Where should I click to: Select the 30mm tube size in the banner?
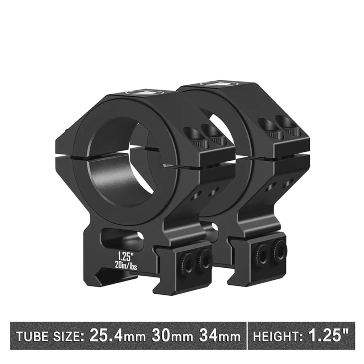pos(172,336)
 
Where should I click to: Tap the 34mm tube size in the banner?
pos(220,336)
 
